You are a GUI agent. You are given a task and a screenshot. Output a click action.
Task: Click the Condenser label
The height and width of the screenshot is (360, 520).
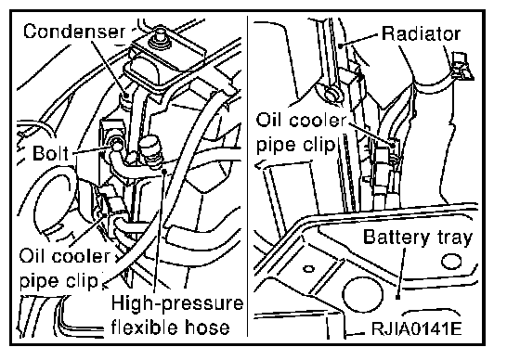click(74, 32)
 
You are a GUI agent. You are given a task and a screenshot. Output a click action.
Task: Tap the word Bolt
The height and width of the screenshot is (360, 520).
click(50, 153)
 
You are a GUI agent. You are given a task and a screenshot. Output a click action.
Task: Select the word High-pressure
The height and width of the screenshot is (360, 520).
click(177, 303)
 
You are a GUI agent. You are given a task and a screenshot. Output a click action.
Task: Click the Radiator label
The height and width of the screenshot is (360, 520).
click(421, 33)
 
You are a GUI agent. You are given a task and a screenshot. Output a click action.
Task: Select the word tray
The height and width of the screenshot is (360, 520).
click(455, 238)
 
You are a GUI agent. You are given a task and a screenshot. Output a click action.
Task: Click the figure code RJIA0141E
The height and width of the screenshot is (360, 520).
click(416, 328)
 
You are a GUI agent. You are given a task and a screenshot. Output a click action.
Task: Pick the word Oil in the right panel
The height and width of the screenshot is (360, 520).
click(269, 120)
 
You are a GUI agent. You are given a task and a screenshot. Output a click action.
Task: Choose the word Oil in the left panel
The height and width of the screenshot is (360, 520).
click(32, 256)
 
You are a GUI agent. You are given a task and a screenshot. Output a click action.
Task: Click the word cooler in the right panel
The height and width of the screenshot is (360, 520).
click(318, 120)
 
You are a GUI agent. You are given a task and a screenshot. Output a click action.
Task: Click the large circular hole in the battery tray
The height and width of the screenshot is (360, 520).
click(362, 294)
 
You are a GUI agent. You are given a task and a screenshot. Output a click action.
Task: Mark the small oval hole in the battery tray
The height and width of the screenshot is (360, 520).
click(308, 268)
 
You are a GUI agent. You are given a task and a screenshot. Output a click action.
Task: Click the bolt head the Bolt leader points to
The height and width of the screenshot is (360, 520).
click(116, 145)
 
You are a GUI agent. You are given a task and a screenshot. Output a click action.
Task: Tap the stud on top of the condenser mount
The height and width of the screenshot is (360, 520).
click(160, 35)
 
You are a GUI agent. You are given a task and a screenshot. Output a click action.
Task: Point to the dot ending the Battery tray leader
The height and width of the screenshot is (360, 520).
click(397, 297)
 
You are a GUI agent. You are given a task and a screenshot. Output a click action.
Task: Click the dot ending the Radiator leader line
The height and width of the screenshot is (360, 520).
click(341, 45)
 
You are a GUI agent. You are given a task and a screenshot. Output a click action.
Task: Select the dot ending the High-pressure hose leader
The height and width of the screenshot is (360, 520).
click(163, 171)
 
